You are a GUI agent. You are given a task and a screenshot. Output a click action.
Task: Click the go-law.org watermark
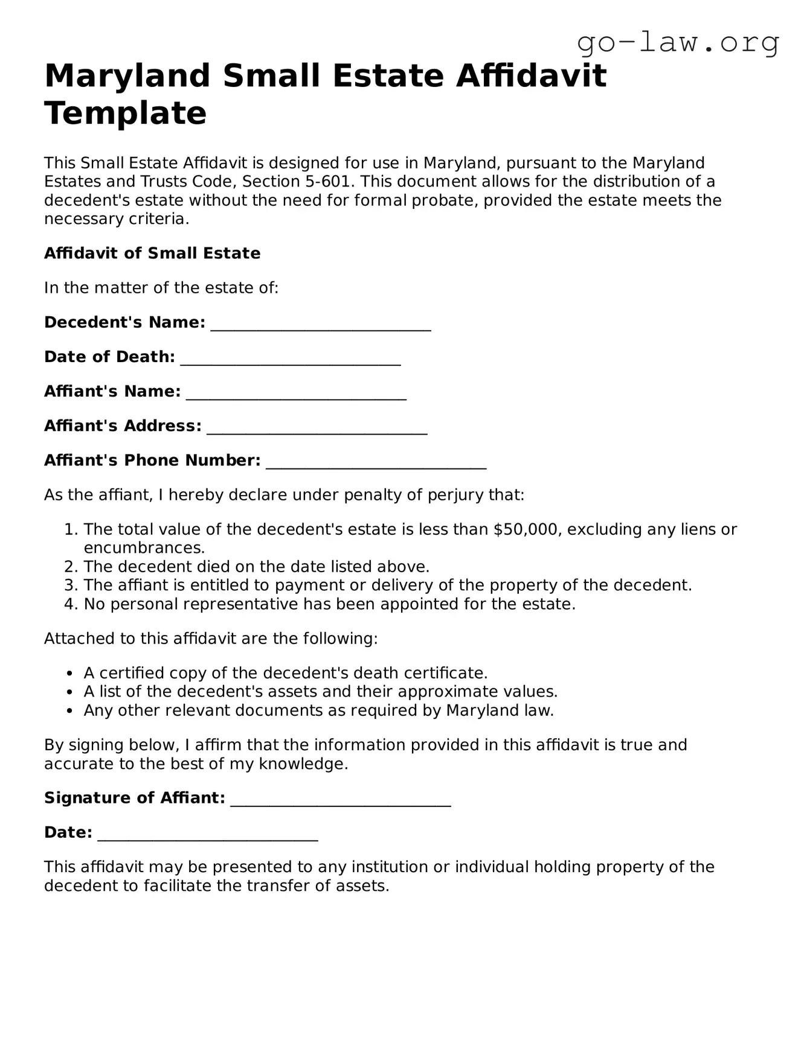(x=678, y=43)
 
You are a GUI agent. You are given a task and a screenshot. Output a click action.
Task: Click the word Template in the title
(x=126, y=113)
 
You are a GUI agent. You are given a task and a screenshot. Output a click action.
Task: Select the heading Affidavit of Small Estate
(x=152, y=253)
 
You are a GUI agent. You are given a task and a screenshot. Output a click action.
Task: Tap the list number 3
(x=71, y=585)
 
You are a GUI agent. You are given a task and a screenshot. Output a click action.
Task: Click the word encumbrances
(x=144, y=548)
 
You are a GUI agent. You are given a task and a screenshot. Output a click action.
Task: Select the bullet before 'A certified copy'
(x=71, y=674)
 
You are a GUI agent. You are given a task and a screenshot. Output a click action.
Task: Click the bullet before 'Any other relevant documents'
(x=71, y=711)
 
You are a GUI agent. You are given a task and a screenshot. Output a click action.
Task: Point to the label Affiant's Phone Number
(x=152, y=461)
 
